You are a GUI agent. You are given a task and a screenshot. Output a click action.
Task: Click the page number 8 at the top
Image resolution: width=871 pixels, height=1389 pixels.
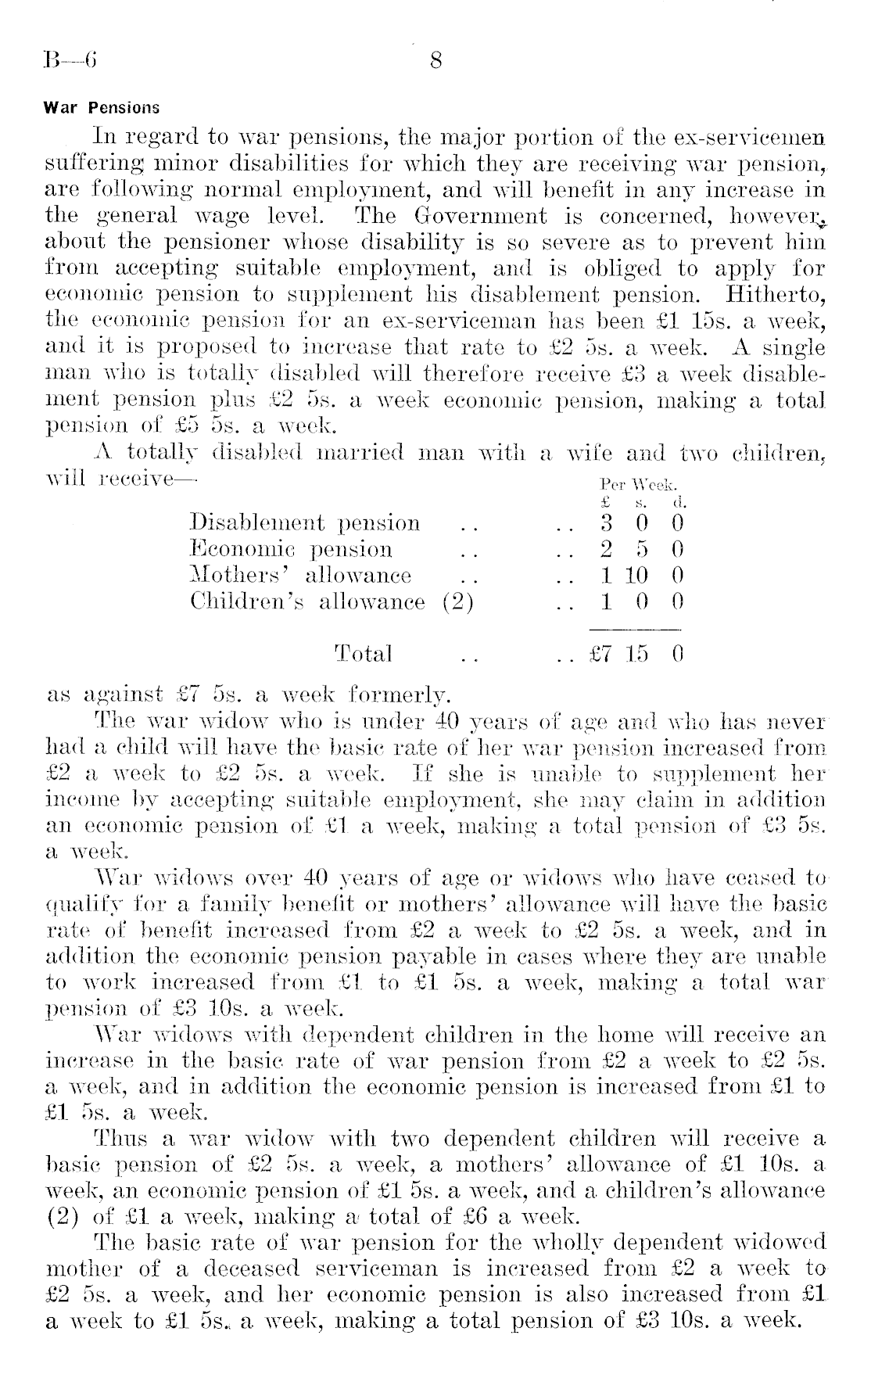tap(436, 60)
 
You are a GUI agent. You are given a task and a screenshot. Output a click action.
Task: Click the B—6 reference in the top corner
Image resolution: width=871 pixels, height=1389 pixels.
tap(70, 60)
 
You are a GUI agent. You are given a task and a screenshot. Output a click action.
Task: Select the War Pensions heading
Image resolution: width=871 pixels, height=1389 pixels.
tap(102, 108)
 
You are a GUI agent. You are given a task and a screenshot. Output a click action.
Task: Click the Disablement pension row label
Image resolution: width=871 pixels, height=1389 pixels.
tap(306, 522)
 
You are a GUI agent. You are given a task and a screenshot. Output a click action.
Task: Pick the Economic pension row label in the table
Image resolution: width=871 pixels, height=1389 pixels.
tap(292, 549)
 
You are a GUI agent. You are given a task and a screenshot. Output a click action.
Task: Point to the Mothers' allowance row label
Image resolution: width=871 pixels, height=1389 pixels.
tap(301, 576)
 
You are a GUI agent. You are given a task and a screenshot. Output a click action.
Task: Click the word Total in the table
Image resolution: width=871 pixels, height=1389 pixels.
tap(363, 653)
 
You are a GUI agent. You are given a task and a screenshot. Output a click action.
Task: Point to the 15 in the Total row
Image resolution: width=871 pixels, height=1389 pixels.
tap(637, 653)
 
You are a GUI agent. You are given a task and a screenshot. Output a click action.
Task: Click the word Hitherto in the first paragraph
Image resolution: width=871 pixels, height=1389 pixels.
tap(776, 294)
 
